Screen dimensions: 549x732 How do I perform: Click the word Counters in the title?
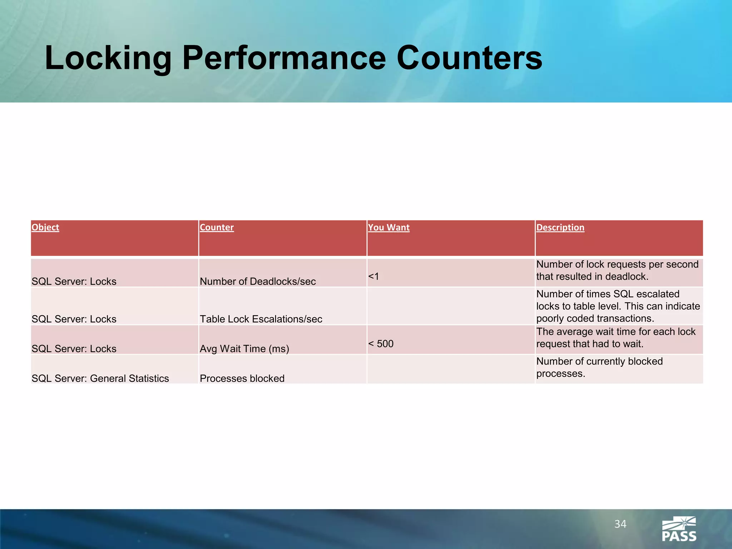[469, 58]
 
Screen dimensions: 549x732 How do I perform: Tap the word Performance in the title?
[284, 58]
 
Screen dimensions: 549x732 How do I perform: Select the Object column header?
[45, 227]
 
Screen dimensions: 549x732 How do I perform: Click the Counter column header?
[217, 227]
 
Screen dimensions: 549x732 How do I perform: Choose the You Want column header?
[389, 227]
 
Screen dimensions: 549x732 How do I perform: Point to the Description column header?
[560, 227]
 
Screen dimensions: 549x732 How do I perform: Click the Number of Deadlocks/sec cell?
[258, 281]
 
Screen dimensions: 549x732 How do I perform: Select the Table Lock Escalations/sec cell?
[261, 319]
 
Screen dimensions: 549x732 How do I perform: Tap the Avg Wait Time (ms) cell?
[244, 348]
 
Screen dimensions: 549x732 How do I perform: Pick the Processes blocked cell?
[242, 378]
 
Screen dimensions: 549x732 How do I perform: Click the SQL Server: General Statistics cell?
[100, 378]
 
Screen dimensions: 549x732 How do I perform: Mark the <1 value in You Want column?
[374, 276]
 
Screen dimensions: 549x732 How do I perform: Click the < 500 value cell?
[381, 343]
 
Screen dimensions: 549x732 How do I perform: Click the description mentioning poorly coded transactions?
[618, 306]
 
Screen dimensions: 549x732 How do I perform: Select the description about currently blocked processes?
[599, 367]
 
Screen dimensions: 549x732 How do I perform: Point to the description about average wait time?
[615, 338]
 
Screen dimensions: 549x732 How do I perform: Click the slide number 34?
[620, 524]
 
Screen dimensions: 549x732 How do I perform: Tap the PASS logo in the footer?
[679, 529]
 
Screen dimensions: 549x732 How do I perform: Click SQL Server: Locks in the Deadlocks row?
[74, 281]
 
